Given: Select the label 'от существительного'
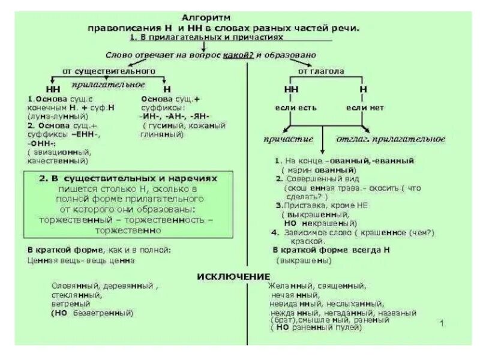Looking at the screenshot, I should click(109, 71).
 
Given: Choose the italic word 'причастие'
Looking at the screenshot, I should click(289, 139).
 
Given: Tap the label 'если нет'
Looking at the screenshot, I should click(364, 108).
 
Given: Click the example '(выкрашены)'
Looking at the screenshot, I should click(304, 261).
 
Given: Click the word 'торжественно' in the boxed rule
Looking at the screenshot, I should click(128, 230).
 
